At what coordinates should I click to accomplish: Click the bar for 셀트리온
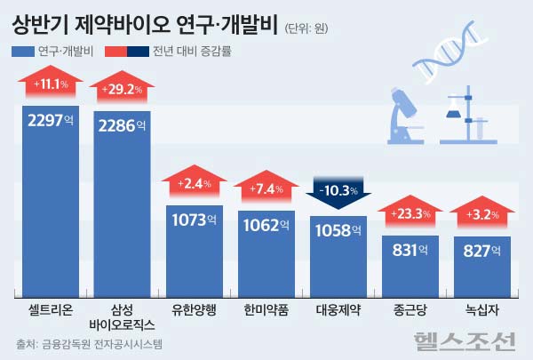click(x=50, y=213)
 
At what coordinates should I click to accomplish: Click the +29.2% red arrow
click(x=122, y=91)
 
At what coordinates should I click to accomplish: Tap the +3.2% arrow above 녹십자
click(x=482, y=213)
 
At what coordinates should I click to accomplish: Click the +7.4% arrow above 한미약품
click(x=266, y=188)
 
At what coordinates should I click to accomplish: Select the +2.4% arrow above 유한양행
click(x=194, y=184)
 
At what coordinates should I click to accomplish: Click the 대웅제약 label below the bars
click(x=338, y=311)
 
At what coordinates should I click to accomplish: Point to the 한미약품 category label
click(x=266, y=311)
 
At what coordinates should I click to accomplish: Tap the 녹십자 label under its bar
click(x=482, y=311)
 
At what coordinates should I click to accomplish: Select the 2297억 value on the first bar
click(x=50, y=122)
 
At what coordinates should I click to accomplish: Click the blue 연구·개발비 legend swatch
click(x=22, y=52)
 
